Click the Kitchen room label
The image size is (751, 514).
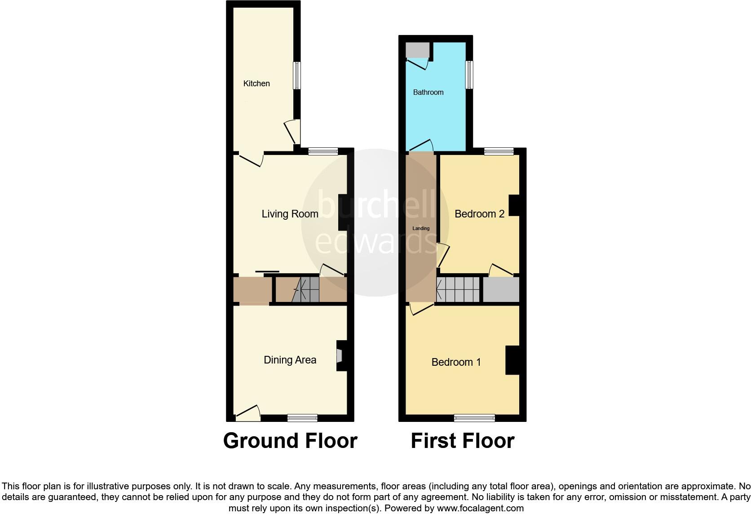[256, 84]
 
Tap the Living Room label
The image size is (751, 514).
[290, 214]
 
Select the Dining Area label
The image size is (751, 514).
[290, 360]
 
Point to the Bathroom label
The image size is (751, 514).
[428, 93]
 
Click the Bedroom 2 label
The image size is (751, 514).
[479, 214]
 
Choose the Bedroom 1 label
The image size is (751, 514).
[456, 362]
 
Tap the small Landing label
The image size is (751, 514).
[421, 229]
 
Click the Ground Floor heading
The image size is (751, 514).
[290, 441]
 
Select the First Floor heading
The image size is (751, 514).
[462, 441]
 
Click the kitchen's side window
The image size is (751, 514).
[297, 75]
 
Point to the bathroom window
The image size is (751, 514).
[469, 75]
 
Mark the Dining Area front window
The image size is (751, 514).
[302, 418]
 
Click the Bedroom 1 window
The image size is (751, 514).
[474, 418]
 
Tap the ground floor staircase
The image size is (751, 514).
[305, 290]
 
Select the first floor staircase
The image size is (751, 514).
[458, 290]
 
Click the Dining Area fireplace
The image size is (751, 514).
[340, 355]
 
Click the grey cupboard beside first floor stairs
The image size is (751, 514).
[501, 290]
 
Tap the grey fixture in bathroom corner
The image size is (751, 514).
[417, 50]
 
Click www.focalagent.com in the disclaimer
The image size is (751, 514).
[480, 509]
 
